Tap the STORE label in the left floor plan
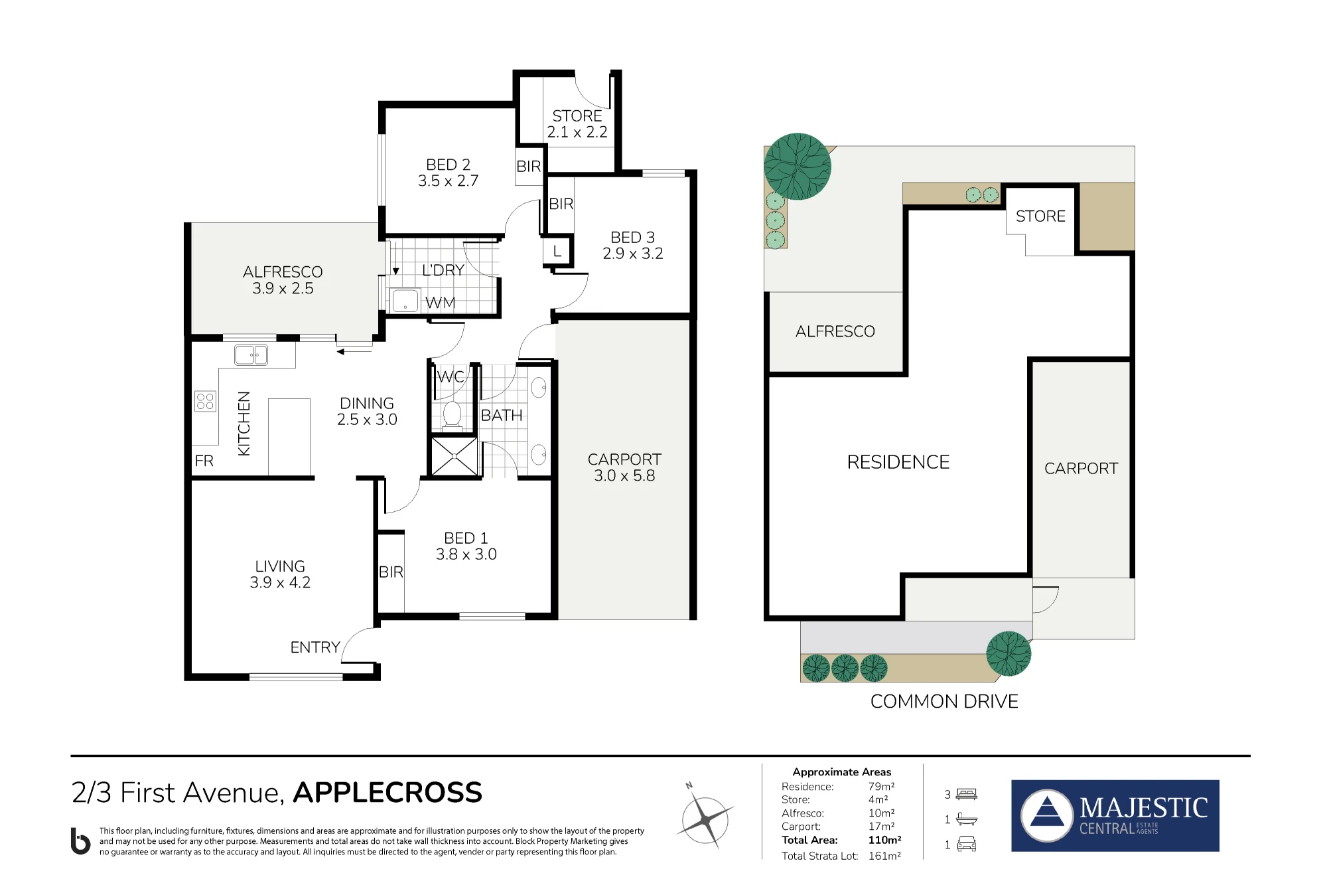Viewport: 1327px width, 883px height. coord(577,116)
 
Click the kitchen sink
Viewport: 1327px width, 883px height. coord(251,355)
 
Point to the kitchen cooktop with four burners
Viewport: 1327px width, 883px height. coord(206,401)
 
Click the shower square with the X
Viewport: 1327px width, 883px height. coord(454,456)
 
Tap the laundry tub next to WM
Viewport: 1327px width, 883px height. coord(405,300)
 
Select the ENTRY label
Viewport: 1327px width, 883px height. coord(315,647)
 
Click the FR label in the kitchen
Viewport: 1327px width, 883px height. coord(204,461)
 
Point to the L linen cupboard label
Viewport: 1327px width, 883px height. coord(557,251)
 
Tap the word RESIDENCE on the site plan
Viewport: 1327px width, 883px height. coord(898,462)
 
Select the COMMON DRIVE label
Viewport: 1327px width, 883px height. coord(944,701)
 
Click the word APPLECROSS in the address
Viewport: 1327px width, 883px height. coord(387,792)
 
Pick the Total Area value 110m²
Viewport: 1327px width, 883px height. coord(885,840)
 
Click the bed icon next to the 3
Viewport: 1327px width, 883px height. coord(967,794)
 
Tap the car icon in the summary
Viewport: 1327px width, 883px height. coord(967,844)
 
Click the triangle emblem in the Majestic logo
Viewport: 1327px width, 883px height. coord(1047,811)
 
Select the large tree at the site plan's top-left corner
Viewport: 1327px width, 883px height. coord(798,167)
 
